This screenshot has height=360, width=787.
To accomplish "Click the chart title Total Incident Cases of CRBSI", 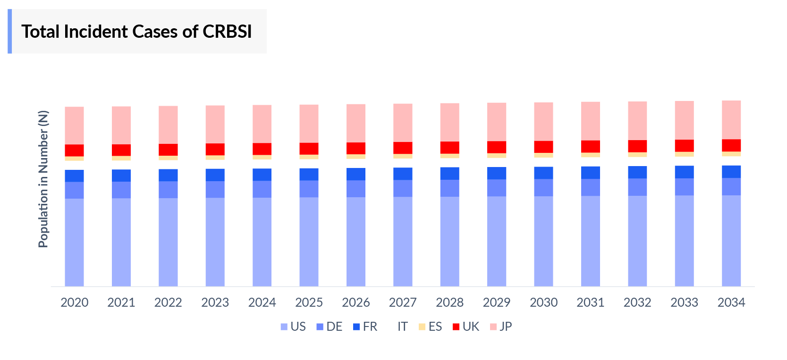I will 136,32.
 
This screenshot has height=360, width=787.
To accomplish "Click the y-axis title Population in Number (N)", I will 43,179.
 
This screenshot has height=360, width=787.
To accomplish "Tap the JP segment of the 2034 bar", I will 731,120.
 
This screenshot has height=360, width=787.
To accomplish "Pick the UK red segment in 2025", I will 309,149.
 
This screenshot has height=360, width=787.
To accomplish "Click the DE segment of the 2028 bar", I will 449,188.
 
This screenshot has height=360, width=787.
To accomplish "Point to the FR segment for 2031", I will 590,173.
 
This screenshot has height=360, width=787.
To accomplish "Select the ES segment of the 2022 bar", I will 168,158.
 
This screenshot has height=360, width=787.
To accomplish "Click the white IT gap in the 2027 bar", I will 403,163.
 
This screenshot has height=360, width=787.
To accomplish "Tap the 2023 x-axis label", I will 215,302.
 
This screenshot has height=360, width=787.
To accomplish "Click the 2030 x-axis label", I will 543,302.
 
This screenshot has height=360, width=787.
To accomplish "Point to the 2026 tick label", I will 356,302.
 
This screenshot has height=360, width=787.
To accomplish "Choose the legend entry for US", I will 293,327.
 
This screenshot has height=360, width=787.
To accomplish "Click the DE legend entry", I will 329,327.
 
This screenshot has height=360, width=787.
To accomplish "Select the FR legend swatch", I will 356,327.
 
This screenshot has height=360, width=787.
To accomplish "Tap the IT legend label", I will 402,327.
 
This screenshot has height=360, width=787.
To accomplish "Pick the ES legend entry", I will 430,327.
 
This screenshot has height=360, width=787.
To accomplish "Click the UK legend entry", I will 465,327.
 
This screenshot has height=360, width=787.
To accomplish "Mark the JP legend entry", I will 501,327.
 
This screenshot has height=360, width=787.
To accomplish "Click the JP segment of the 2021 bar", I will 121,125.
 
